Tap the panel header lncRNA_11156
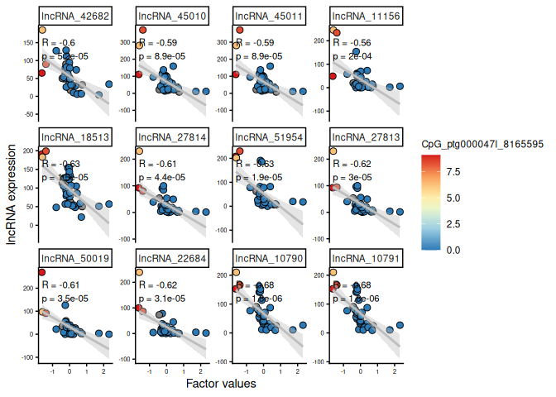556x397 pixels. coord(362,16)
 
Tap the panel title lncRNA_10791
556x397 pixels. coord(362,258)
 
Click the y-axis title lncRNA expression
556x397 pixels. coord(12,190)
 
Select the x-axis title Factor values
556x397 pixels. coord(220,385)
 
